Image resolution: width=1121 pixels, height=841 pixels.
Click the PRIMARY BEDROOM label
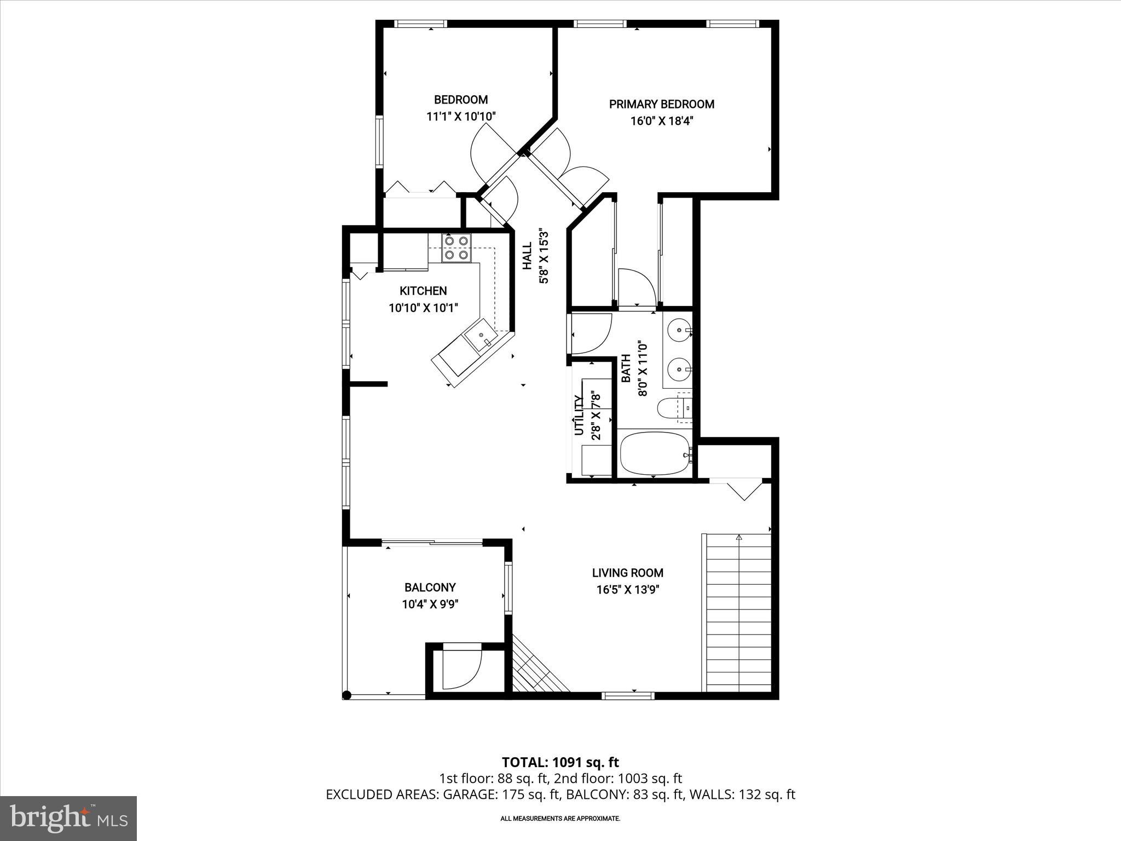coord(661,104)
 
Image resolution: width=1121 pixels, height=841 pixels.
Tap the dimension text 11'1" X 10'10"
coord(461,117)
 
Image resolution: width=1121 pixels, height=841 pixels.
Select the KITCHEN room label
coord(423,291)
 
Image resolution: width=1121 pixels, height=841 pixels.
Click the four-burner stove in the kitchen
coord(457,247)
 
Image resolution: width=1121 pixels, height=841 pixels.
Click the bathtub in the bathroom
coord(655,454)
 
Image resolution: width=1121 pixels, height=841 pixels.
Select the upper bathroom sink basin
coord(679,330)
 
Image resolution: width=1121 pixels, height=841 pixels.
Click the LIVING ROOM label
coord(627,573)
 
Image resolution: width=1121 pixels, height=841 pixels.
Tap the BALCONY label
coord(430,587)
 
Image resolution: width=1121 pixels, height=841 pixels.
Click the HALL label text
coord(527,256)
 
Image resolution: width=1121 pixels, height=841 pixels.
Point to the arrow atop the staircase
coord(738,537)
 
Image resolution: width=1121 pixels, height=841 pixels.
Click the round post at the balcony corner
coord(346,695)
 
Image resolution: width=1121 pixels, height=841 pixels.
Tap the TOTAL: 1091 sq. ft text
coord(560,762)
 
